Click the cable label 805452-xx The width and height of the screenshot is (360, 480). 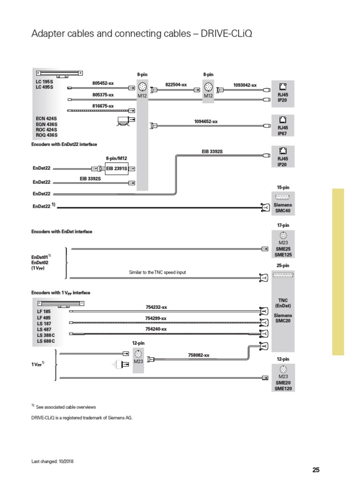[x=103, y=83]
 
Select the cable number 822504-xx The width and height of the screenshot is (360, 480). [x=176, y=85]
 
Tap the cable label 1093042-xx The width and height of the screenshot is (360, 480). [x=245, y=85]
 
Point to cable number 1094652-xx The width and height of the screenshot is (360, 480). [x=206, y=121]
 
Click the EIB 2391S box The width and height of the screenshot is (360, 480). [x=117, y=168]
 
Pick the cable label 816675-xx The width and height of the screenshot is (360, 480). [x=103, y=106]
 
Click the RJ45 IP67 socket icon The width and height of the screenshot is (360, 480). [x=283, y=120]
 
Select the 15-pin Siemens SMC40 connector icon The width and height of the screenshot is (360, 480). [x=283, y=196]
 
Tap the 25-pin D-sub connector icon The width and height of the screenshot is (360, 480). [x=283, y=275]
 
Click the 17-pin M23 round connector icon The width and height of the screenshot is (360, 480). [x=283, y=236]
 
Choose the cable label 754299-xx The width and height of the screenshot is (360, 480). [x=156, y=318]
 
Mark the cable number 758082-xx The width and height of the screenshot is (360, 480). [x=199, y=355]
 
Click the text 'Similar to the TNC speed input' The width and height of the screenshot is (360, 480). [x=161, y=272]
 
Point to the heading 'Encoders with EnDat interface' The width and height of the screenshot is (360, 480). [x=62, y=232]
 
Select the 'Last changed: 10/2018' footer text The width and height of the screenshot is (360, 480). [x=52, y=461]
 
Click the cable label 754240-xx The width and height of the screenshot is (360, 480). [x=156, y=329]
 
